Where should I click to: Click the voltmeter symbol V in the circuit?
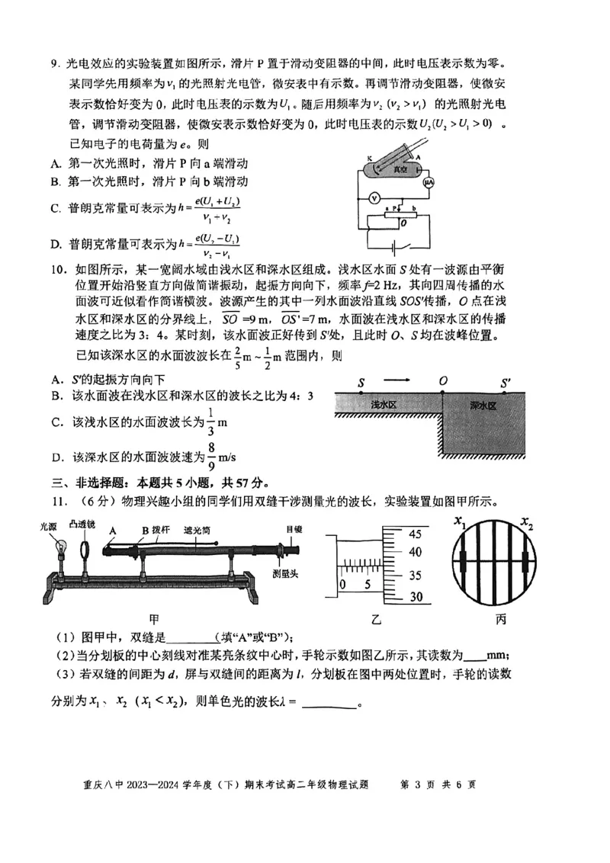click(x=374, y=197)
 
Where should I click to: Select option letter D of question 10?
click(x=56, y=457)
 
